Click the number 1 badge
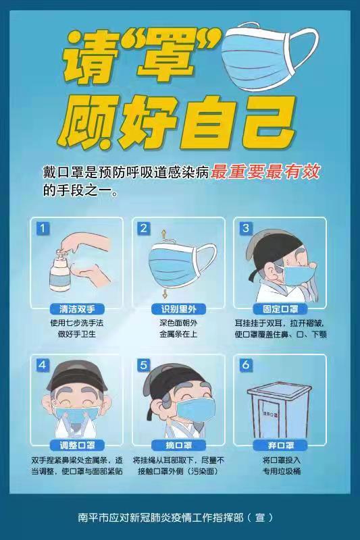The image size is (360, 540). [43, 228]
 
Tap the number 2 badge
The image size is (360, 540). [144, 228]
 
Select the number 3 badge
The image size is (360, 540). [246, 228]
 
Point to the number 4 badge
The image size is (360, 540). [43, 365]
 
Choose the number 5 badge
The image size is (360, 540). [144, 365]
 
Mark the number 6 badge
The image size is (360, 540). [246, 365]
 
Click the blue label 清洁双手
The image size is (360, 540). [77, 309]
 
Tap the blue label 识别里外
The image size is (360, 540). [178, 309]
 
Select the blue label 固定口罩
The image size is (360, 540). [280, 309]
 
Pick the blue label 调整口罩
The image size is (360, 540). [77, 446]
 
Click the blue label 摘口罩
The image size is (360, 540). [178, 446]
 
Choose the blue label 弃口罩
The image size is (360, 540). [280, 446]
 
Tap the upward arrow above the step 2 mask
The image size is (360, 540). [163, 235]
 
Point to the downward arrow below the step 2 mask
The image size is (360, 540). [165, 294]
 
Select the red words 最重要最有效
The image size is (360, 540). [265, 172]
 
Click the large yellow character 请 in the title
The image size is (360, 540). [88, 57]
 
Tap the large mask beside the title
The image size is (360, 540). [269, 56]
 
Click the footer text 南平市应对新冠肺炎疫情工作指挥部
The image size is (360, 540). [161, 517]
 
